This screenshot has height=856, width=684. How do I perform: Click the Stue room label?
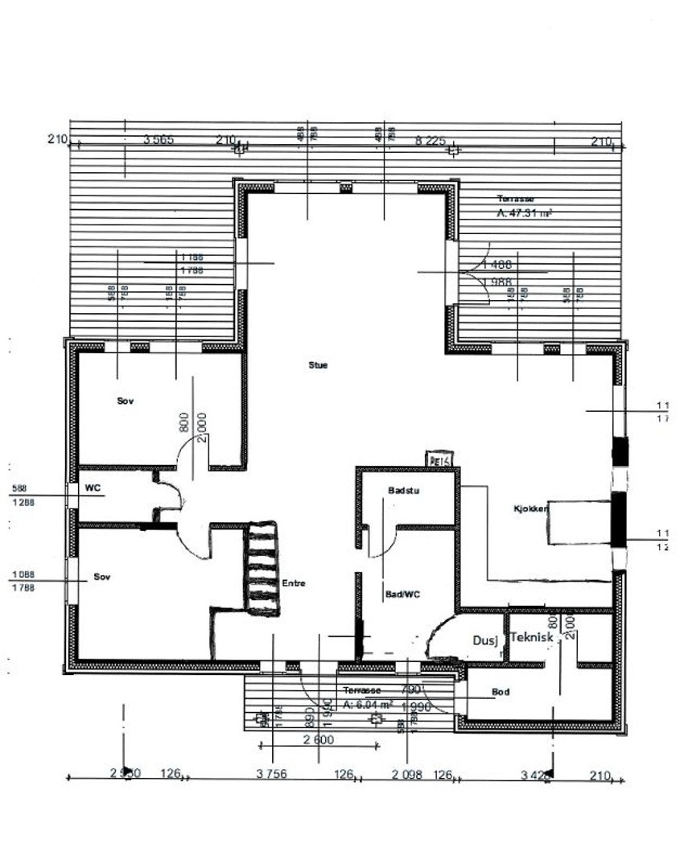click(318, 364)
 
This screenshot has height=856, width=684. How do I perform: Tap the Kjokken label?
click(531, 509)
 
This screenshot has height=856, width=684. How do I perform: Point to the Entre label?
click(293, 583)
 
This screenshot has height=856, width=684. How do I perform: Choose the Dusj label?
click(484, 640)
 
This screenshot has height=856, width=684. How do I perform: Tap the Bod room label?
click(501, 691)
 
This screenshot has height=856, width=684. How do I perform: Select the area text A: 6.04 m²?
click(368, 704)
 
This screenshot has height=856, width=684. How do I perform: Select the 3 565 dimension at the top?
click(159, 140)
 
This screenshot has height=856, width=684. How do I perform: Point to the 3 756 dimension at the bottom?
click(271, 774)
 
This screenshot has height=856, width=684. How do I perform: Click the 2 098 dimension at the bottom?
click(406, 774)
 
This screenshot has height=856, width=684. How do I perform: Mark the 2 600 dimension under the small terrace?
click(319, 740)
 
